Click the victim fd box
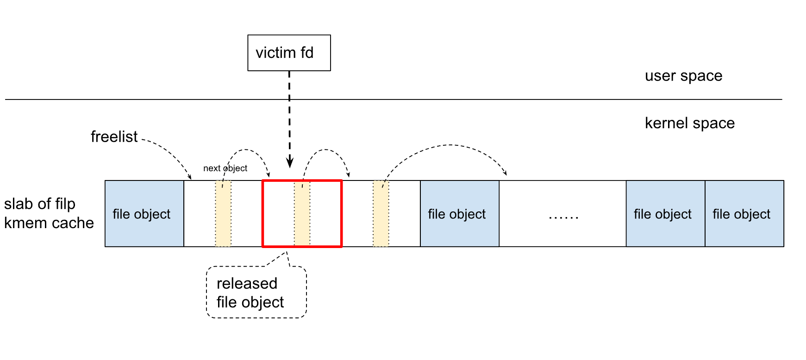pos(289,53)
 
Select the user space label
pos(683,75)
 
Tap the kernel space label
pos(689,123)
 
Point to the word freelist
pos(114,137)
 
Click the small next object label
pos(225,168)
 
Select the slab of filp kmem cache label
pos(49,213)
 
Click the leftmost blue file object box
pos(144,214)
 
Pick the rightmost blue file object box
pos(744,214)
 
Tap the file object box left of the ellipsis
pos(459,214)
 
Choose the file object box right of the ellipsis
pos(665,214)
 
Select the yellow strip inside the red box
pos(302,214)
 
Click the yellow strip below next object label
pos(223,214)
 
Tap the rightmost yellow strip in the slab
pos(381,214)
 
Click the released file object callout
pos(256,292)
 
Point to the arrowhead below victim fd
pos(290,163)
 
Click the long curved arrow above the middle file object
pos(449,145)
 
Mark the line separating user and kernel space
pos(394,99)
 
